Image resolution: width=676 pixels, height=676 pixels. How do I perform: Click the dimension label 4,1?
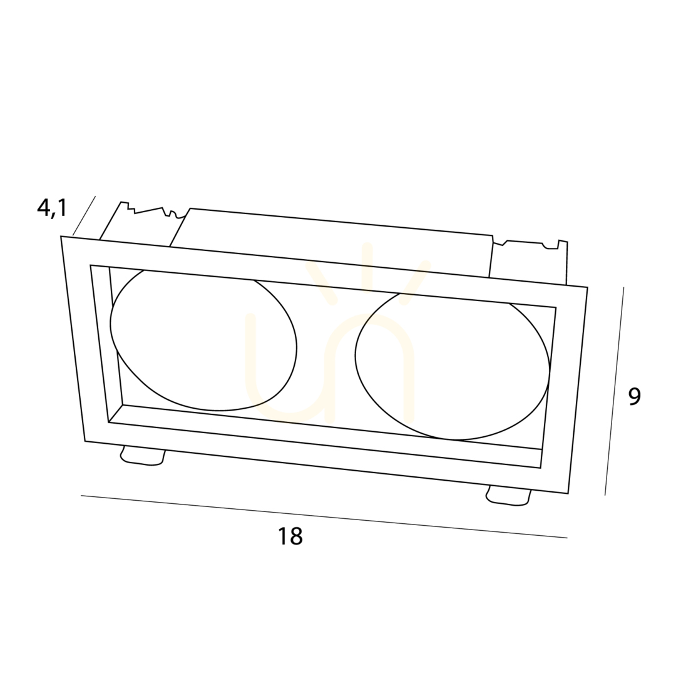pos(52,208)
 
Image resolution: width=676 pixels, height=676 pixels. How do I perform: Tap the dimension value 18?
pos(290,536)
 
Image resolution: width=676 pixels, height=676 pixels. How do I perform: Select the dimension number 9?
pos(634,397)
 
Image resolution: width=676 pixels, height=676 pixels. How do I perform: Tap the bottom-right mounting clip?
pos(508,496)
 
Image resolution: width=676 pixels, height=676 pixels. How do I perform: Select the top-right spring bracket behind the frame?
pos(530,261)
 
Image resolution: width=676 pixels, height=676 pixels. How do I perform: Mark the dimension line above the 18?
pos(324,516)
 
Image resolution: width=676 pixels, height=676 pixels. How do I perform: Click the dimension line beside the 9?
pos(615,391)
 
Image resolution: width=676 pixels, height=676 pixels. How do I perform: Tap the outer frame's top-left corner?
pos(61,237)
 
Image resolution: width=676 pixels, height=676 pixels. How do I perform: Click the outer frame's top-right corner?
pos(587,287)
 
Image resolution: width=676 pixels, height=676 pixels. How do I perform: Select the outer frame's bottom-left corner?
pos(85,441)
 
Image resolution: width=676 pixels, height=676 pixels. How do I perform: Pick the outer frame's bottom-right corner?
pos(568,493)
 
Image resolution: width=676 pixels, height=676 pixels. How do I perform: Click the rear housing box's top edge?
pos(342,222)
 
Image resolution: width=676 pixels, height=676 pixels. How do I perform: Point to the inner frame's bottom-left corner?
pos(108,422)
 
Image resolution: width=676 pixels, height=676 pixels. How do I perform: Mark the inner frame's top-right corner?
pos(556,307)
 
